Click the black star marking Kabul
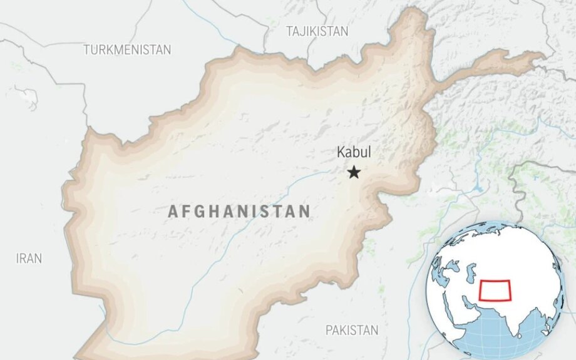(354, 172)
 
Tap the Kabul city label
(354, 152)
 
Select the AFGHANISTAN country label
(239, 212)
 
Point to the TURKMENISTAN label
(127, 50)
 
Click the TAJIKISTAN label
(317, 31)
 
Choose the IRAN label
(29, 258)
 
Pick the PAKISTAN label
(352, 330)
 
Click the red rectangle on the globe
(495, 290)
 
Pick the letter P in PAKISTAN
(329, 330)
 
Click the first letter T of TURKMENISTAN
(86, 50)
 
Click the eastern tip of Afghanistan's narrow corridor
(543, 57)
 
